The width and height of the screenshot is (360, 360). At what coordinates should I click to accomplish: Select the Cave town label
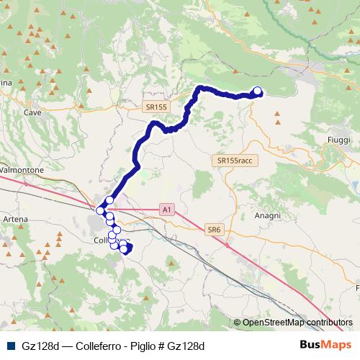32,113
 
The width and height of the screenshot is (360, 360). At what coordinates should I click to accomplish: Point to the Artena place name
16,219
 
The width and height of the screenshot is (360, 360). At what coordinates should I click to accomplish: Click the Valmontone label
22,170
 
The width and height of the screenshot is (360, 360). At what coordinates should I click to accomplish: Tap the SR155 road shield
155,107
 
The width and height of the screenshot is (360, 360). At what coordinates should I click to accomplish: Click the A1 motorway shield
167,210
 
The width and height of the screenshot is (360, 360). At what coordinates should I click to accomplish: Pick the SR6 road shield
213,230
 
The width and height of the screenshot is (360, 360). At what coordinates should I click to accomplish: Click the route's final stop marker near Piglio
257,91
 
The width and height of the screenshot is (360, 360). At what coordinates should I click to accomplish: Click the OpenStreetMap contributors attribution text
297,323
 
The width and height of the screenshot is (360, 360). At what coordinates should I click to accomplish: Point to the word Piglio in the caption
143,346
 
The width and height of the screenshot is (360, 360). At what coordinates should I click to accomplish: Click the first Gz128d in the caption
40,346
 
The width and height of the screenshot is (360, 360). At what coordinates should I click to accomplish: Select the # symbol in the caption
161,346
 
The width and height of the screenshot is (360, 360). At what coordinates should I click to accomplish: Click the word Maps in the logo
337,345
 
